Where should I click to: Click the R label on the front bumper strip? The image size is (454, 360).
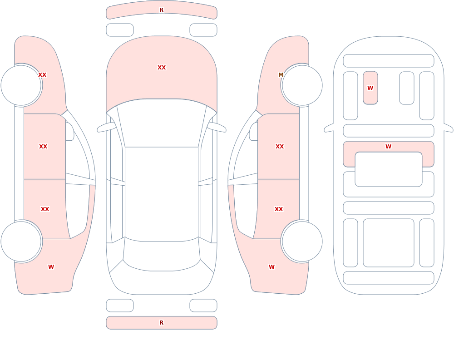point(161,10)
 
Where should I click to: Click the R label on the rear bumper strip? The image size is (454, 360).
point(161,323)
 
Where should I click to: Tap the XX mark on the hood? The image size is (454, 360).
point(162,68)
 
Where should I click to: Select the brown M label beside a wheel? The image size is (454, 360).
point(281,75)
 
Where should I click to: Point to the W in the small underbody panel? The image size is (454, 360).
point(370,88)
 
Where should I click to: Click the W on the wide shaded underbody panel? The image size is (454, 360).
point(388,147)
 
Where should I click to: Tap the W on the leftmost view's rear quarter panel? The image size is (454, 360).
point(51,267)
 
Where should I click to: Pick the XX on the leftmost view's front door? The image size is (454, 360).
point(43,147)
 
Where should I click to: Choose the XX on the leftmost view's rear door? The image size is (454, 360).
point(45,209)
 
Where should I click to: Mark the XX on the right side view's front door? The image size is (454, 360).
point(279,147)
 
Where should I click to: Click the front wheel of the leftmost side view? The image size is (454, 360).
point(21,85)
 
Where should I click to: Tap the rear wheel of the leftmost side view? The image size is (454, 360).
point(21,242)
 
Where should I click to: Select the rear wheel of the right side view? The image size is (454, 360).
point(302,242)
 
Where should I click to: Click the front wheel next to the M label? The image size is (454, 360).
point(302,85)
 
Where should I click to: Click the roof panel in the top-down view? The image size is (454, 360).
point(162,193)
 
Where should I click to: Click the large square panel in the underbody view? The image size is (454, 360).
point(388,243)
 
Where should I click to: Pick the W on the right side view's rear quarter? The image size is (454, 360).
point(271,267)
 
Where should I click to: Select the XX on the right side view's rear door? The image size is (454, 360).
point(279,209)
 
